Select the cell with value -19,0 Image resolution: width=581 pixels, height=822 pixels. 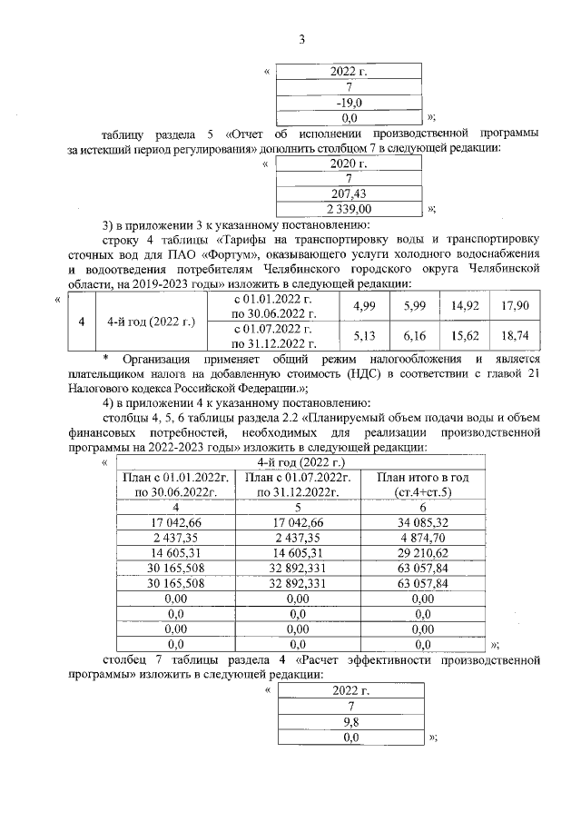(x=350, y=103)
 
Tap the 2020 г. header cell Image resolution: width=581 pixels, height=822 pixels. (x=350, y=164)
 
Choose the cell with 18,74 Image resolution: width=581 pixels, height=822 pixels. (x=514, y=336)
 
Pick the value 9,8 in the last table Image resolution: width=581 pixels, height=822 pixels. (x=350, y=723)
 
